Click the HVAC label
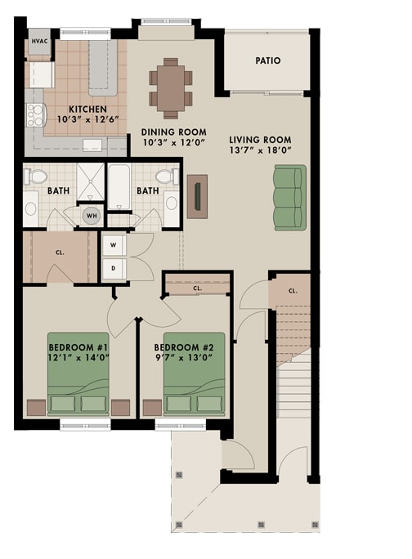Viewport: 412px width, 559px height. coord(39,41)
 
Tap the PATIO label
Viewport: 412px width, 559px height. coord(267,60)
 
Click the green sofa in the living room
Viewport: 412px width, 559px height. coord(289,197)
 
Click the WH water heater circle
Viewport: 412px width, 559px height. coord(92,216)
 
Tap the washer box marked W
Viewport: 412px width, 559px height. coord(112,245)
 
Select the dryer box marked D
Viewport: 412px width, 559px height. coord(112,267)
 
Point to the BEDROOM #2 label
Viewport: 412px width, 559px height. coord(194,346)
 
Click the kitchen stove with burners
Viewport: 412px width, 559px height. coord(36,114)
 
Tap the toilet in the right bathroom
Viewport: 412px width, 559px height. coord(166,176)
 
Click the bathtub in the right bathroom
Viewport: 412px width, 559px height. coord(119,187)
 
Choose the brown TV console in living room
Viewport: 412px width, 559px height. coord(197,196)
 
